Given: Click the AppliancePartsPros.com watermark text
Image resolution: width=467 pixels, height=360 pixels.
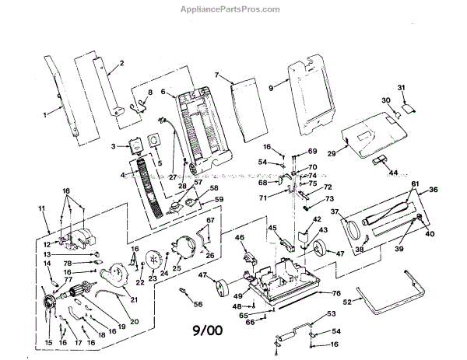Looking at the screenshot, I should (233, 9).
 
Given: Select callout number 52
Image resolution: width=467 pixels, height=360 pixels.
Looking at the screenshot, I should (371, 300).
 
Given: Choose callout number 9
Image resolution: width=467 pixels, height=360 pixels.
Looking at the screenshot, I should (271, 89).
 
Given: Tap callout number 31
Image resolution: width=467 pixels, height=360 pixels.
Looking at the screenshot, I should (402, 86).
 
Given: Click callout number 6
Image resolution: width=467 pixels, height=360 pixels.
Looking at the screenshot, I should (163, 92).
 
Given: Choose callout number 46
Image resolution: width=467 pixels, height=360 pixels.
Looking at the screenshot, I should (240, 237).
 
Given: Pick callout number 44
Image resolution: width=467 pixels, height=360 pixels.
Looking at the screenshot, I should (394, 172).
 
